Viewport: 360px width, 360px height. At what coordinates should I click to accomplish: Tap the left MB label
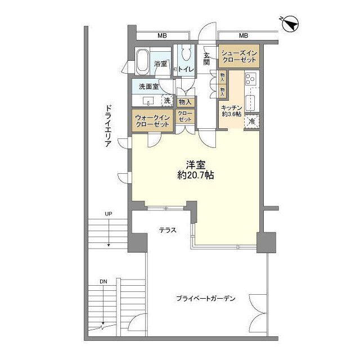point(162,36)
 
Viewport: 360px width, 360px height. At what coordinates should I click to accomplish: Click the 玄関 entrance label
point(207,58)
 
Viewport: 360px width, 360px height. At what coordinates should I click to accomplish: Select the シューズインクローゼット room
point(238,56)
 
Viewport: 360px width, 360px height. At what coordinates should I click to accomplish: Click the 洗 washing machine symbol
point(167,101)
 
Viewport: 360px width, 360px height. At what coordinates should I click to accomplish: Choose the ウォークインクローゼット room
point(152,120)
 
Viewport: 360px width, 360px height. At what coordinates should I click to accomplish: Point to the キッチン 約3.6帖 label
point(231,110)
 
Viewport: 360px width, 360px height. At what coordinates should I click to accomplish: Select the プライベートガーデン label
point(205,299)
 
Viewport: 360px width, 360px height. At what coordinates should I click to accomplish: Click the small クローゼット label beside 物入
point(185,116)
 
